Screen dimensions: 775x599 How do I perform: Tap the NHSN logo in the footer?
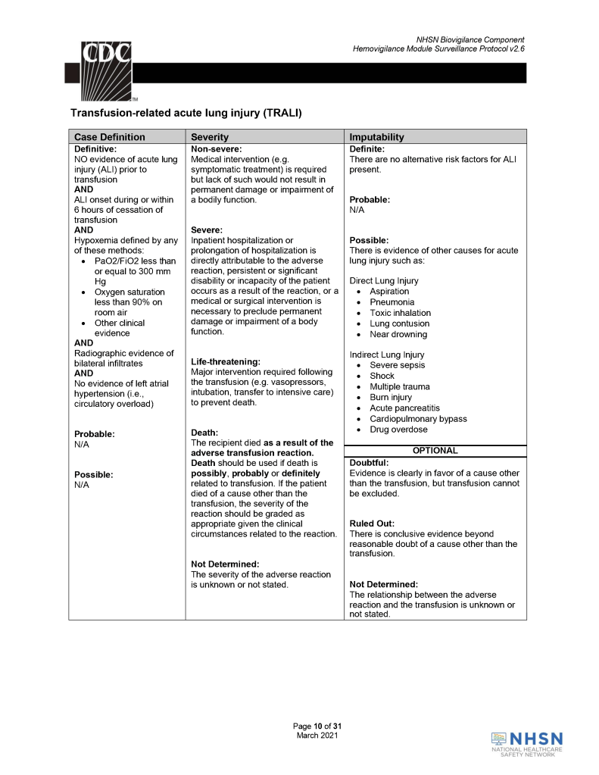(527, 743)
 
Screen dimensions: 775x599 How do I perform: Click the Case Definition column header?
(110, 137)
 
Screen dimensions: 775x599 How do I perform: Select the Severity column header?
(216, 137)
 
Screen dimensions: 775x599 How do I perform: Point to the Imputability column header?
(376, 137)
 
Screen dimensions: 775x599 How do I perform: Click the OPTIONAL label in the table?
(435, 451)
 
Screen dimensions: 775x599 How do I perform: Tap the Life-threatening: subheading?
(226, 361)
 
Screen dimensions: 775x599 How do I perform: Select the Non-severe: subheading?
(216, 149)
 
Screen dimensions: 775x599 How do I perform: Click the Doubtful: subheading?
(369, 462)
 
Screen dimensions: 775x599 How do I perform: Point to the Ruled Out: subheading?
(372, 523)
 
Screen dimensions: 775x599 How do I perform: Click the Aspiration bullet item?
(389, 292)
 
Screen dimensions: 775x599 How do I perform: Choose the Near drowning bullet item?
(398, 334)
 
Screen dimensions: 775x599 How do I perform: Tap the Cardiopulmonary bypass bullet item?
(418, 419)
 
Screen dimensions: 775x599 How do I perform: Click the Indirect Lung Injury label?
(386, 355)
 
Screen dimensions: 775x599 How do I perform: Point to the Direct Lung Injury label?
(383, 281)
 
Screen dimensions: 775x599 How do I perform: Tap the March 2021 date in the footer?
(317, 735)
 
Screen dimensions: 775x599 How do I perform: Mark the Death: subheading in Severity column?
(205, 433)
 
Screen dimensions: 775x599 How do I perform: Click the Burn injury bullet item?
(391, 397)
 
